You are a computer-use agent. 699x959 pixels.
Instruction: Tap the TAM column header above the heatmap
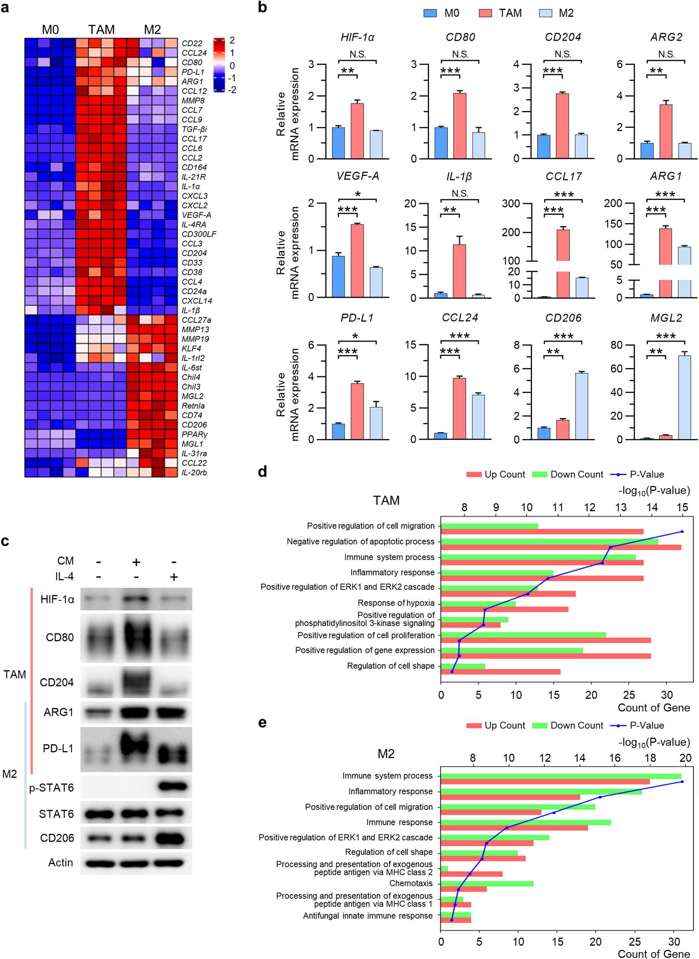click(101, 30)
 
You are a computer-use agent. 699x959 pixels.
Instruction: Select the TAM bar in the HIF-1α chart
click(357, 131)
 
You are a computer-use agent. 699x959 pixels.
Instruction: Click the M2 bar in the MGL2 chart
click(684, 397)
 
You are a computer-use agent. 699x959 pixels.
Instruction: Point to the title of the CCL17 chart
click(563, 176)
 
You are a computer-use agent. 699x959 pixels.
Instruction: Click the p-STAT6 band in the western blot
click(173, 787)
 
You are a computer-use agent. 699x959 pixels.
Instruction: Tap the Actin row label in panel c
click(61, 862)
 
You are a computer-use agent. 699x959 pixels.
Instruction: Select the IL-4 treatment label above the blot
click(64, 577)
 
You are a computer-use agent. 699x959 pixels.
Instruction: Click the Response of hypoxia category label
click(396, 603)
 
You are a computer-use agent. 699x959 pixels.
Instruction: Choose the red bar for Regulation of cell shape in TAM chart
click(500, 672)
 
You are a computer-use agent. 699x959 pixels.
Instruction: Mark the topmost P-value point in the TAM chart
click(682, 532)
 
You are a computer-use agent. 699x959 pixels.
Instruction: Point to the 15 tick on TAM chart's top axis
click(682, 508)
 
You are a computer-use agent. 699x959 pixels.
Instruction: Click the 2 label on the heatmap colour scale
click(232, 40)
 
